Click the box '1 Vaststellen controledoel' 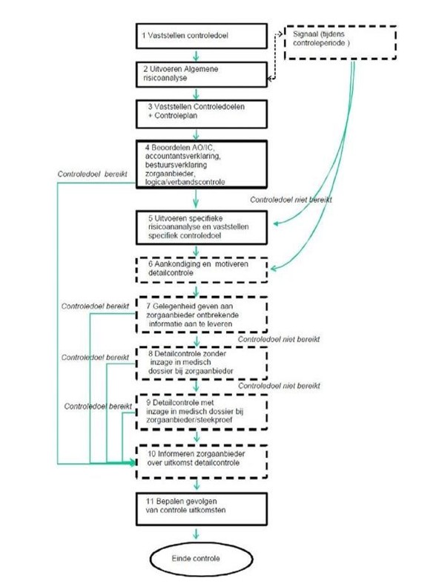click(x=201, y=36)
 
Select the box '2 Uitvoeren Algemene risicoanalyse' click(x=201, y=74)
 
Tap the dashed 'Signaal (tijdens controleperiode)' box click(x=340, y=42)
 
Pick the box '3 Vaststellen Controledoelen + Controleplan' click(x=201, y=114)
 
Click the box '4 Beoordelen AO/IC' click(x=201, y=164)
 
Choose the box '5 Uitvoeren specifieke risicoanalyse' click(x=201, y=228)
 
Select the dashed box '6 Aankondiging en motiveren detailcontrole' click(x=201, y=269)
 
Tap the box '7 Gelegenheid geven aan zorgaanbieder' click(x=201, y=315)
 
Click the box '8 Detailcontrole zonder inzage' click(x=201, y=363)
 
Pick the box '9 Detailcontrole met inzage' click(x=201, y=412)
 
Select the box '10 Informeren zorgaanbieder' click(x=201, y=462)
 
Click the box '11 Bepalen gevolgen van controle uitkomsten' click(x=201, y=509)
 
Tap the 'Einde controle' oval click(x=201, y=559)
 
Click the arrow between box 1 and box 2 click(x=196, y=56)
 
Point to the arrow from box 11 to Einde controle click(x=196, y=533)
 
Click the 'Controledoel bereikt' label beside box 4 click(x=92, y=174)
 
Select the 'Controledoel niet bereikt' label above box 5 click(x=291, y=200)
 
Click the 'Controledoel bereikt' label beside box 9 click(x=98, y=406)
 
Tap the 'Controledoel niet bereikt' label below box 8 click(x=279, y=385)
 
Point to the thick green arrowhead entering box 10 click(x=133, y=463)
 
